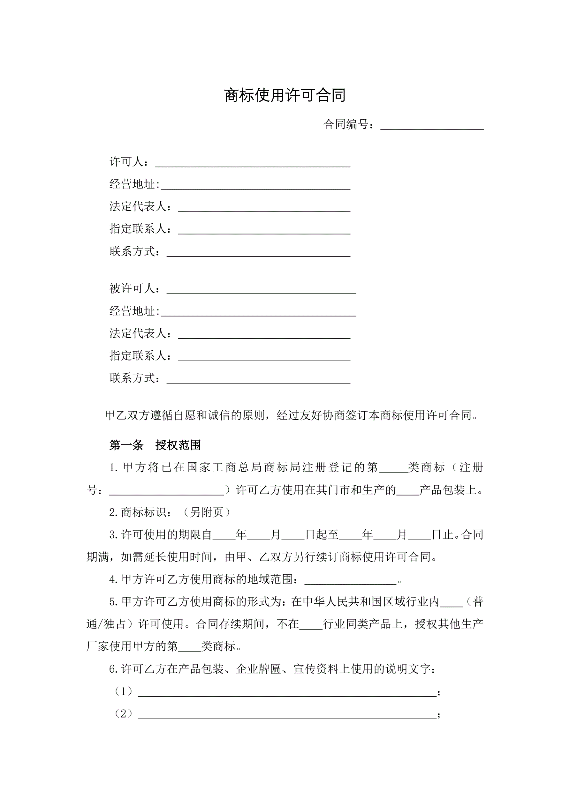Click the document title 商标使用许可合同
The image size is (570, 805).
coord(285,95)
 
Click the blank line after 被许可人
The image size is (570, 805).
coord(261,291)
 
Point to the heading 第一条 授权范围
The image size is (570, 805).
coord(155,445)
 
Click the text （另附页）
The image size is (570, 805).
coord(207,512)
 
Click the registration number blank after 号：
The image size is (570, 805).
coord(167,492)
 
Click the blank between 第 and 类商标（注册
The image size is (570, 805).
coord(393,470)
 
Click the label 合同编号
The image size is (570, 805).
coord(346,124)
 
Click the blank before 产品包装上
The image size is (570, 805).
coord(408,492)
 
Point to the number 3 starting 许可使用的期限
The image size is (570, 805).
coord(113,535)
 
